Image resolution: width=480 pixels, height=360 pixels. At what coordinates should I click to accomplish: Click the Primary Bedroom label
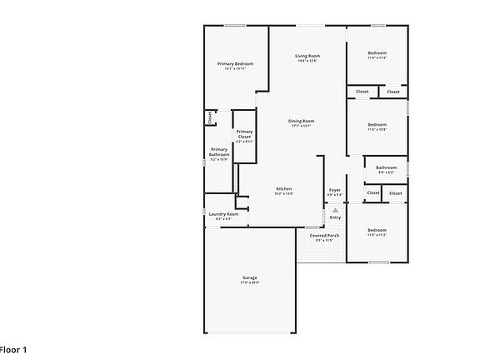[x=236, y=63]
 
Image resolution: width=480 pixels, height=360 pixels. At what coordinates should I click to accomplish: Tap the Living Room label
[x=307, y=56]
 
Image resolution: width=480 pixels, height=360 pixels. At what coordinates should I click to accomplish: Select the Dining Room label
[x=301, y=121]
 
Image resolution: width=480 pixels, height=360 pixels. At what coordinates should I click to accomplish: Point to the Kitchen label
[x=284, y=189]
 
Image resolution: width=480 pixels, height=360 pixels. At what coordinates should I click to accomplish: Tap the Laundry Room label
[x=223, y=214]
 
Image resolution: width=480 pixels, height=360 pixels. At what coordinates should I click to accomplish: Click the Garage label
[x=250, y=277]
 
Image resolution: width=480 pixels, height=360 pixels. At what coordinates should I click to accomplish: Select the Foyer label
[x=335, y=189]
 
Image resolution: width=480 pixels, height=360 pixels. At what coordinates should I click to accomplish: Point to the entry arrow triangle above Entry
[x=335, y=210]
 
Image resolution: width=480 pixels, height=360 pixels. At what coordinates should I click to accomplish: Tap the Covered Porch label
[x=324, y=236]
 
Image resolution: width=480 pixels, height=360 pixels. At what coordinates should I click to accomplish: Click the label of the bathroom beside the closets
[x=386, y=167]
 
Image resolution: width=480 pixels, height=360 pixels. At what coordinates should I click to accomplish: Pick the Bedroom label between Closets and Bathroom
[x=377, y=124]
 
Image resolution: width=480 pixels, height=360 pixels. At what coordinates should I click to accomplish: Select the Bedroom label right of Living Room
[x=377, y=53]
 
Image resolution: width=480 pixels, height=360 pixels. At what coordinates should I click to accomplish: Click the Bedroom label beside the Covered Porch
[x=377, y=230]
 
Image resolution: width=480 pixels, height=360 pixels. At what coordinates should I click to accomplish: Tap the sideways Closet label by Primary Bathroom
[x=209, y=118]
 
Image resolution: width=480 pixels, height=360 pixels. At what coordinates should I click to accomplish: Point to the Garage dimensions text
[x=250, y=282]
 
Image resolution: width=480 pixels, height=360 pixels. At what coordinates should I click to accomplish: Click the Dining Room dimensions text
[x=301, y=126]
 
